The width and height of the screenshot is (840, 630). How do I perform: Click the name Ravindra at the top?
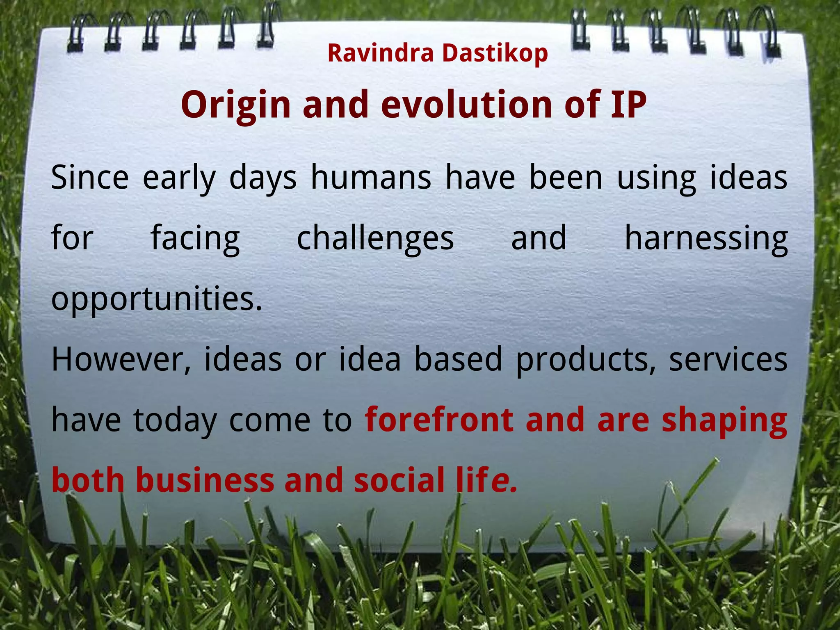coord(380,53)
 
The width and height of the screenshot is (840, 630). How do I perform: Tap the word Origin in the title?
coord(235,105)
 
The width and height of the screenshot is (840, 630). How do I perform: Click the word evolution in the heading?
coord(466,105)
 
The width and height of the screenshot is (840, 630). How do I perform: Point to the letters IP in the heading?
coord(628,105)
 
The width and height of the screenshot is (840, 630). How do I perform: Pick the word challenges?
coord(375,238)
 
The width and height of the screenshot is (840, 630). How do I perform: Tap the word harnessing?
coord(705,238)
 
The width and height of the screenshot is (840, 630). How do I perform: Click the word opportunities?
coord(156,299)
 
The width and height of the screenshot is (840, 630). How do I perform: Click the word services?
coord(728,359)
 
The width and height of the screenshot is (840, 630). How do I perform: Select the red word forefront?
coord(439,420)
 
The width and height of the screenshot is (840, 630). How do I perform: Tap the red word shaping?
coord(724,421)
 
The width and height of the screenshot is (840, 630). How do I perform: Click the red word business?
coord(205,480)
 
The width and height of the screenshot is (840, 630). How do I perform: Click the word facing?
coord(195,239)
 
